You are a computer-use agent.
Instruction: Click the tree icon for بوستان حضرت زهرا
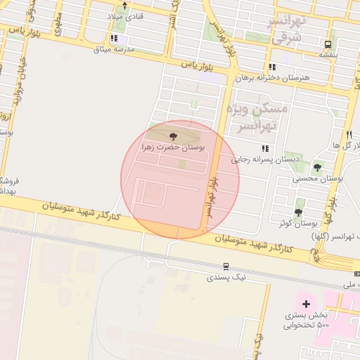coord(174,136)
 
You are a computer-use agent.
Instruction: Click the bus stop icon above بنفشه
coord(327,42)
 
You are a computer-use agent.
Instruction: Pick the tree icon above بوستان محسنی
coord(318,167)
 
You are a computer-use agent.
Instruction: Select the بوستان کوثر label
coord(295,223)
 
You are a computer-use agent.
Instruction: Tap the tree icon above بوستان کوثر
coord(299,212)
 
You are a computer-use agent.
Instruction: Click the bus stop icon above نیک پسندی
coord(226,266)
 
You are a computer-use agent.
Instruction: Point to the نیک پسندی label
coord(227,278)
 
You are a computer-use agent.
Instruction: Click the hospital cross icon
coord(305,304)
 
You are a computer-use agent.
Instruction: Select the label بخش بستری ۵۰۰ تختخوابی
coord(304,320)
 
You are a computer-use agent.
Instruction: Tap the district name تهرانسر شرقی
coord(285,28)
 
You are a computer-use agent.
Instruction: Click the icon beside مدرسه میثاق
coord(114,39)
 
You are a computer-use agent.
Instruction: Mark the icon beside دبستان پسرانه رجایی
coord(265,148)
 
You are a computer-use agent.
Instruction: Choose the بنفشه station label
coord(328,53)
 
